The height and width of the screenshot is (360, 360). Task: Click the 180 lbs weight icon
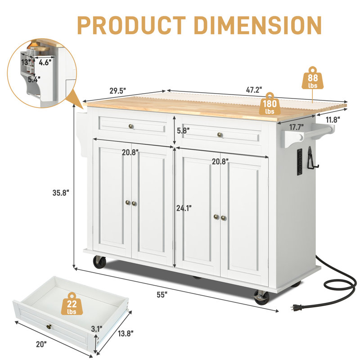270,104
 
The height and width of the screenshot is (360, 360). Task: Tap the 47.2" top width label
254,90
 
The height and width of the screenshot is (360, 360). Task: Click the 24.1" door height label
184,208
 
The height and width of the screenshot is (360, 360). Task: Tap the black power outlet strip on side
297,161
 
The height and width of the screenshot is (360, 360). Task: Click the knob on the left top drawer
131,126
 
